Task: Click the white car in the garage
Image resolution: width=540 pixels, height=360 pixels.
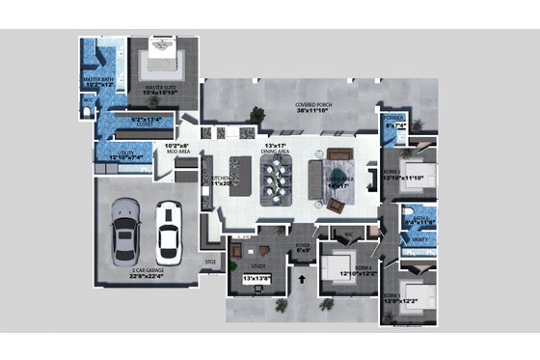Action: [167, 227]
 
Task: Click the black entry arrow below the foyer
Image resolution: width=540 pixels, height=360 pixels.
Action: [306, 281]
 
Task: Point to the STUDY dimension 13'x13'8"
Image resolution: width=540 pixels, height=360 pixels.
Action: [256, 279]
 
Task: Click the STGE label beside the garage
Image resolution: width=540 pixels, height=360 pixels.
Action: [210, 261]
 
